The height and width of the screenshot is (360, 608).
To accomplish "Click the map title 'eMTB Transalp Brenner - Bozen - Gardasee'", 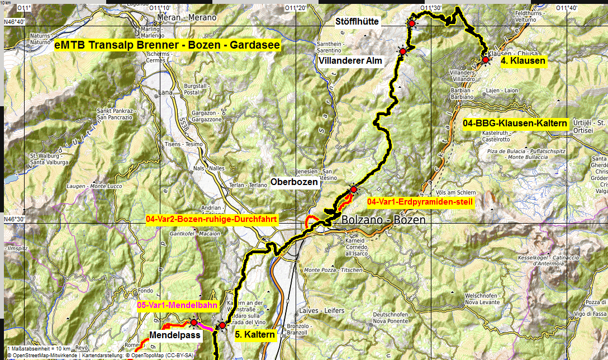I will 168,46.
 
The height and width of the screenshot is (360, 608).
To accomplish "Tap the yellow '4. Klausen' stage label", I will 523,60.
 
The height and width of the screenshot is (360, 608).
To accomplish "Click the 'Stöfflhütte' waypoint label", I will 357,22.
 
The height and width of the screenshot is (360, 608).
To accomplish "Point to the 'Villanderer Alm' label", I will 351,60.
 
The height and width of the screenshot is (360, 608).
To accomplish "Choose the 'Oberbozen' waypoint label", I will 294,182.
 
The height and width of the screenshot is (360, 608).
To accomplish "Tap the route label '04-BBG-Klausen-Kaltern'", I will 515,123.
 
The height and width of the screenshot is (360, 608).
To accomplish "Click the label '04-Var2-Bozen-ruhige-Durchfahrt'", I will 211,220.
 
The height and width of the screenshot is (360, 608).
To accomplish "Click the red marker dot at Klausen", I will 486,59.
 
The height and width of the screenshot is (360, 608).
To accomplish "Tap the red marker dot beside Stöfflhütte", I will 412,23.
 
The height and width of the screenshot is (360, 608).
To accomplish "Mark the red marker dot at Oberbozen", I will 353,190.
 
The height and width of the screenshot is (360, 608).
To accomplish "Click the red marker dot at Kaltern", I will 222,325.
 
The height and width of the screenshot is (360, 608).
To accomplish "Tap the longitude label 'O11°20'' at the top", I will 296,8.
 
